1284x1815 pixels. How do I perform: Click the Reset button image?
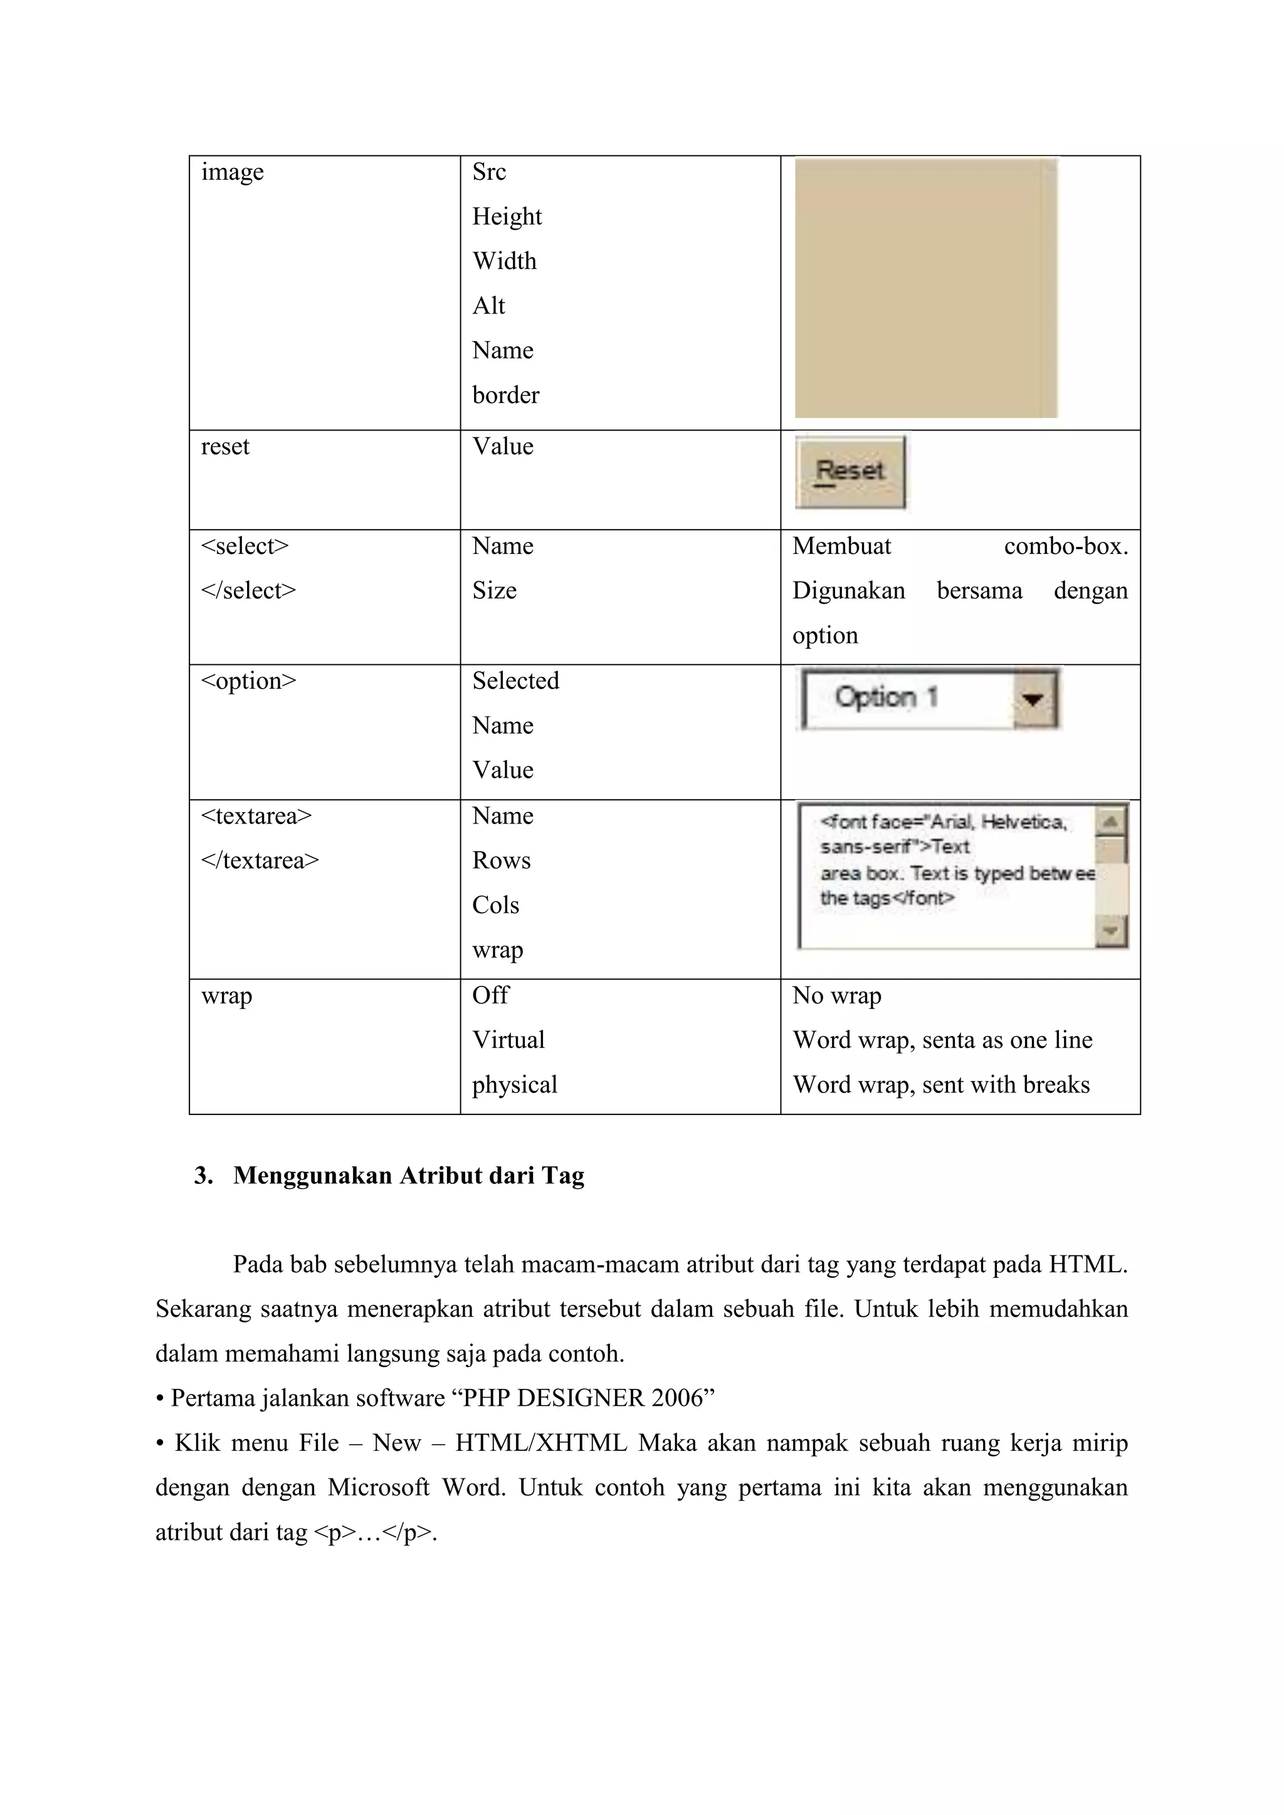click(850, 472)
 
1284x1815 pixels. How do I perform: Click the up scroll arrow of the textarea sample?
click(1111, 822)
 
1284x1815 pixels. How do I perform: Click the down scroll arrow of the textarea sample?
click(1111, 931)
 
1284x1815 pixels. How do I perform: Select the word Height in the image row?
click(507, 217)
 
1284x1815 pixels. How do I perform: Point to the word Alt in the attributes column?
click(488, 306)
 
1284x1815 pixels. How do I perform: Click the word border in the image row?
click(506, 395)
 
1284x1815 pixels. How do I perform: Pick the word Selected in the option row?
click(515, 681)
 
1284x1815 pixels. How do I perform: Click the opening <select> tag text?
click(245, 547)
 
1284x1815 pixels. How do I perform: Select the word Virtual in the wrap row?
click(508, 1040)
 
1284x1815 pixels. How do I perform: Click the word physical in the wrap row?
click(515, 1085)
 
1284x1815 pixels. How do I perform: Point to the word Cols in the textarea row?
click(496, 905)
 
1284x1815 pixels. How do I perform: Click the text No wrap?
click(836, 995)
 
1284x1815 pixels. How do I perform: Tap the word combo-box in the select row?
click(1066, 547)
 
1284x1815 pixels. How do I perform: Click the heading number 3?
click(203, 1176)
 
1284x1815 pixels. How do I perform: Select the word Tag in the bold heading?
click(563, 1176)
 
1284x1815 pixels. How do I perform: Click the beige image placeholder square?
click(926, 288)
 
